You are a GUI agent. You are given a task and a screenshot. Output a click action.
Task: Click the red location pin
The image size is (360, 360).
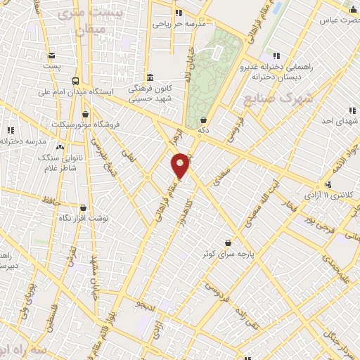[x=181, y=165]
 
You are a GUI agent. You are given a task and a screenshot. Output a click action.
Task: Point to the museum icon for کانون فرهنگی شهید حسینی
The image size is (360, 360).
[x=149, y=77]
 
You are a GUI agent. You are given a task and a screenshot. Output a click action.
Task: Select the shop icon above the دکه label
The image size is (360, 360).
[x=203, y=120]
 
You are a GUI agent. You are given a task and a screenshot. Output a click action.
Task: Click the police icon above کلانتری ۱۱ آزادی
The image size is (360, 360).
[x=328, y=184]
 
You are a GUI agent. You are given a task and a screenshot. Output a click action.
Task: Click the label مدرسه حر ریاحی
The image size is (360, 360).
[x=180, y=23]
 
